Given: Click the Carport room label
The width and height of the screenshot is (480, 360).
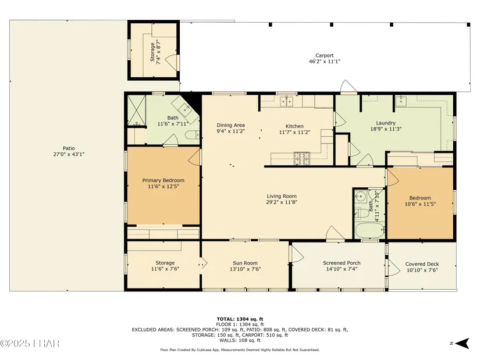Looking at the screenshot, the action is (325, 55).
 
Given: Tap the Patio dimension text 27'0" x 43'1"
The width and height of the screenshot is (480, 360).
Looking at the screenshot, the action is (69, 154).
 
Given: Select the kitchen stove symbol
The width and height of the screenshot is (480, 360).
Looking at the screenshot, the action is (302, 158).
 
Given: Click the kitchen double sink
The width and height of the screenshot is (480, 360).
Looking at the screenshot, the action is (287, 101).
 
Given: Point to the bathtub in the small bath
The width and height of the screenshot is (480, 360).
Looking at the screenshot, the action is (370, 230).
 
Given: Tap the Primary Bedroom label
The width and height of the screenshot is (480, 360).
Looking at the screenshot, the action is (163, 180).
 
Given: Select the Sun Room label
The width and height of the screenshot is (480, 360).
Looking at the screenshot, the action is (245, 263).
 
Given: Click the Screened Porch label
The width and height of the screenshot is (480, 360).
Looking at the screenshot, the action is (342, 263).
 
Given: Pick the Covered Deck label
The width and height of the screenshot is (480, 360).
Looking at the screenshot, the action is (422, 264).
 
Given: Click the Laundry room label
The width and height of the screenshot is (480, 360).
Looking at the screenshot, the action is (386, 123).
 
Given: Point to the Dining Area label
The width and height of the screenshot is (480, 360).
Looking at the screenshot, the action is (231, 125).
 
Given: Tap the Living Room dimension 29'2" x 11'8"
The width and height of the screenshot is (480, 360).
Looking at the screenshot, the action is (282, 202).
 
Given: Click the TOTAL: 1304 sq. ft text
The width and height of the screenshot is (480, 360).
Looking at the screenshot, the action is (240, 319).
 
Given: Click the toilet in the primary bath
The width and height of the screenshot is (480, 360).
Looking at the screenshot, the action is (193, 135).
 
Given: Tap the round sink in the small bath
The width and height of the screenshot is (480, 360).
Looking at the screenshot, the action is (361, 196).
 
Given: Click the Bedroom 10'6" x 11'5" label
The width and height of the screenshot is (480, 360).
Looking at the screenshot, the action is (420, 201).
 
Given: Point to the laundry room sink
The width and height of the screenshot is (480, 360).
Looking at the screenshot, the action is (400, 101).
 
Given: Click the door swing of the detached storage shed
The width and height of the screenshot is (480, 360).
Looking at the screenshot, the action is (170, 60).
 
